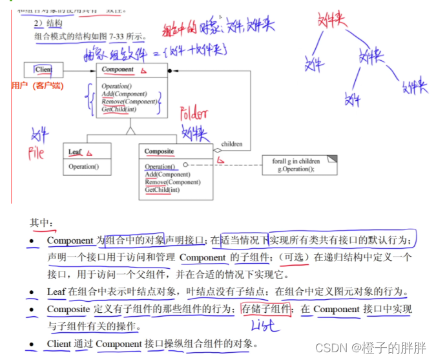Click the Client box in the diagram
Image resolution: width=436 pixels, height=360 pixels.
tap(43, 69)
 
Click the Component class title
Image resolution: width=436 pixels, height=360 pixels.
tap(118, 69)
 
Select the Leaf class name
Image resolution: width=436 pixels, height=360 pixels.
tap(75, 152)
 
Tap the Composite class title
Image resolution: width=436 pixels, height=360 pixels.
tap(159, 152)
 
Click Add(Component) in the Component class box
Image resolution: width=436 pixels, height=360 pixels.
tap(121, 94)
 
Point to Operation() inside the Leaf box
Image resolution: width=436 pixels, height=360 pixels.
tap(83, 167)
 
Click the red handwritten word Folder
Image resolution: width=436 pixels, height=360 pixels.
tap(193, 114)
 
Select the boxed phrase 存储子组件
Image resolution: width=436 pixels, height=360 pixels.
tap(265, 309)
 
